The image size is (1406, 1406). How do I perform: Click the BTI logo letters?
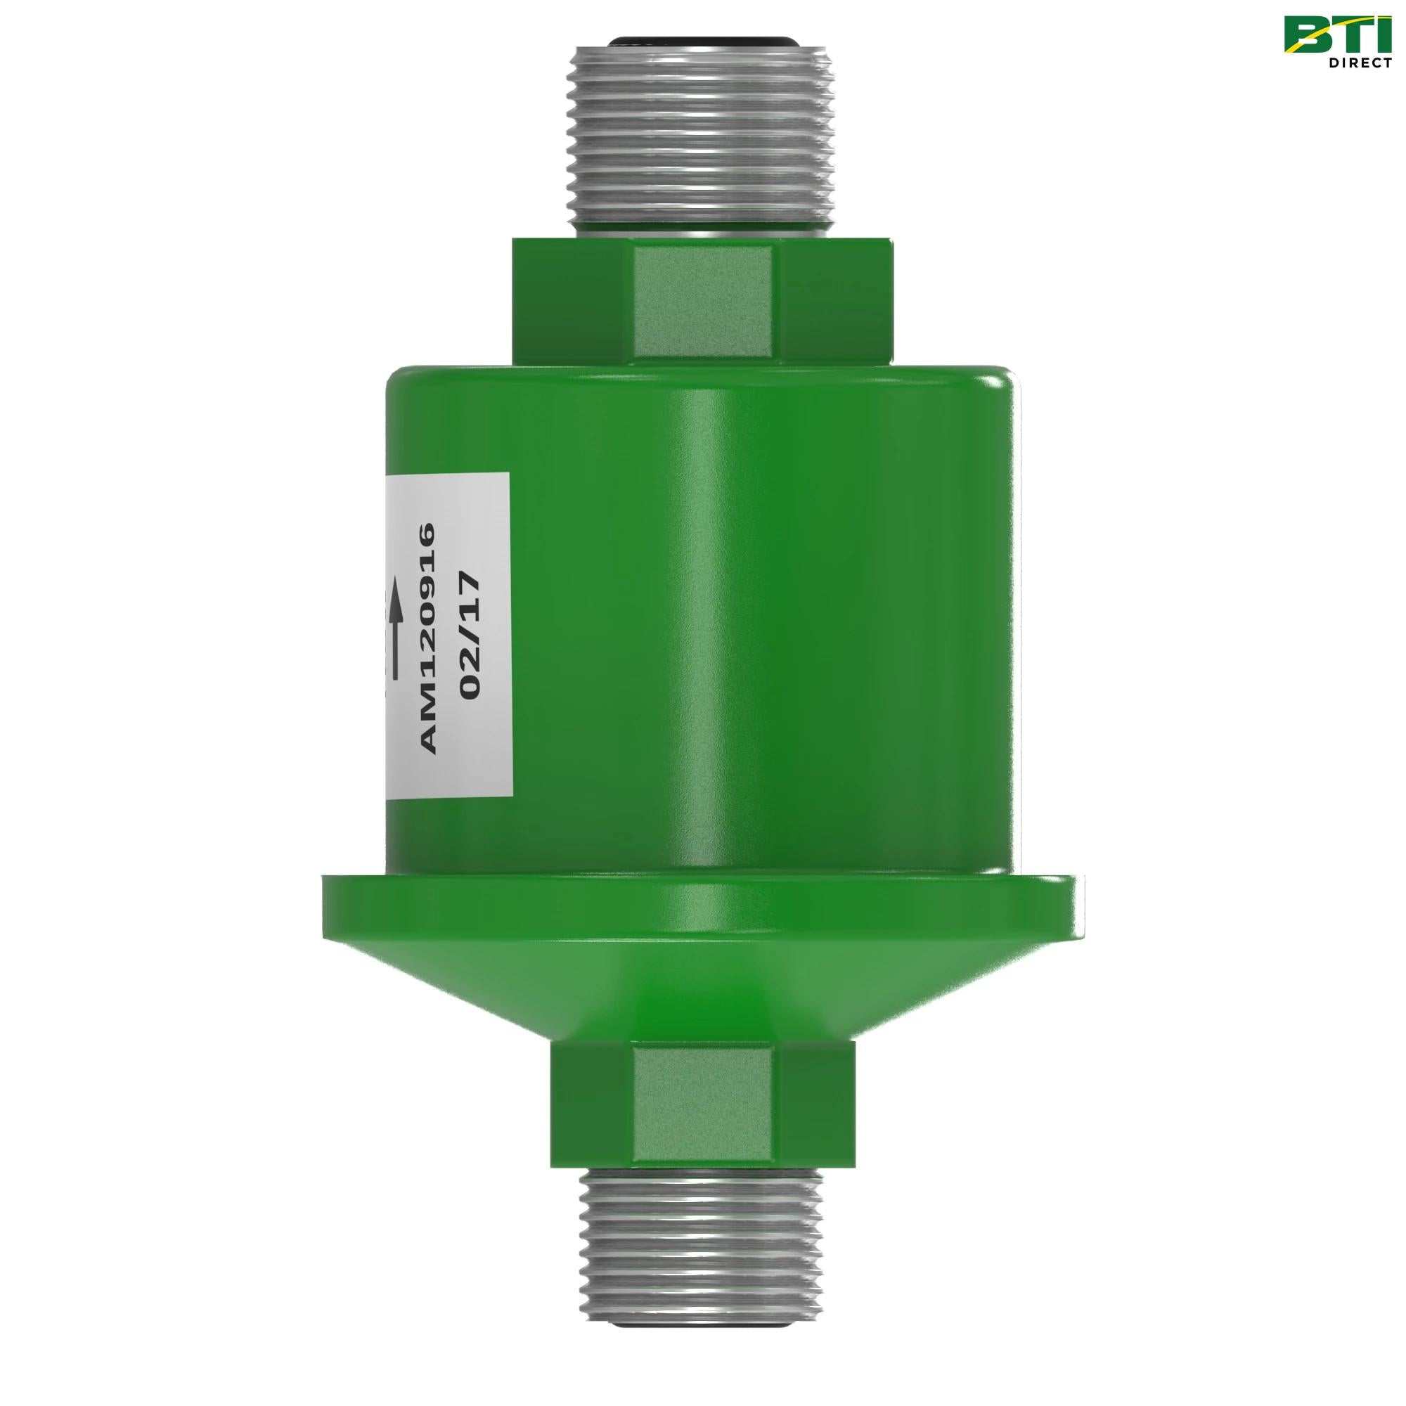click(x=1339, y=35)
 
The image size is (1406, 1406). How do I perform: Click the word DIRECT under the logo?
click(x=1360, y=63)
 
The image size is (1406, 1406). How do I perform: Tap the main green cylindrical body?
click(x=764, y=619)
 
